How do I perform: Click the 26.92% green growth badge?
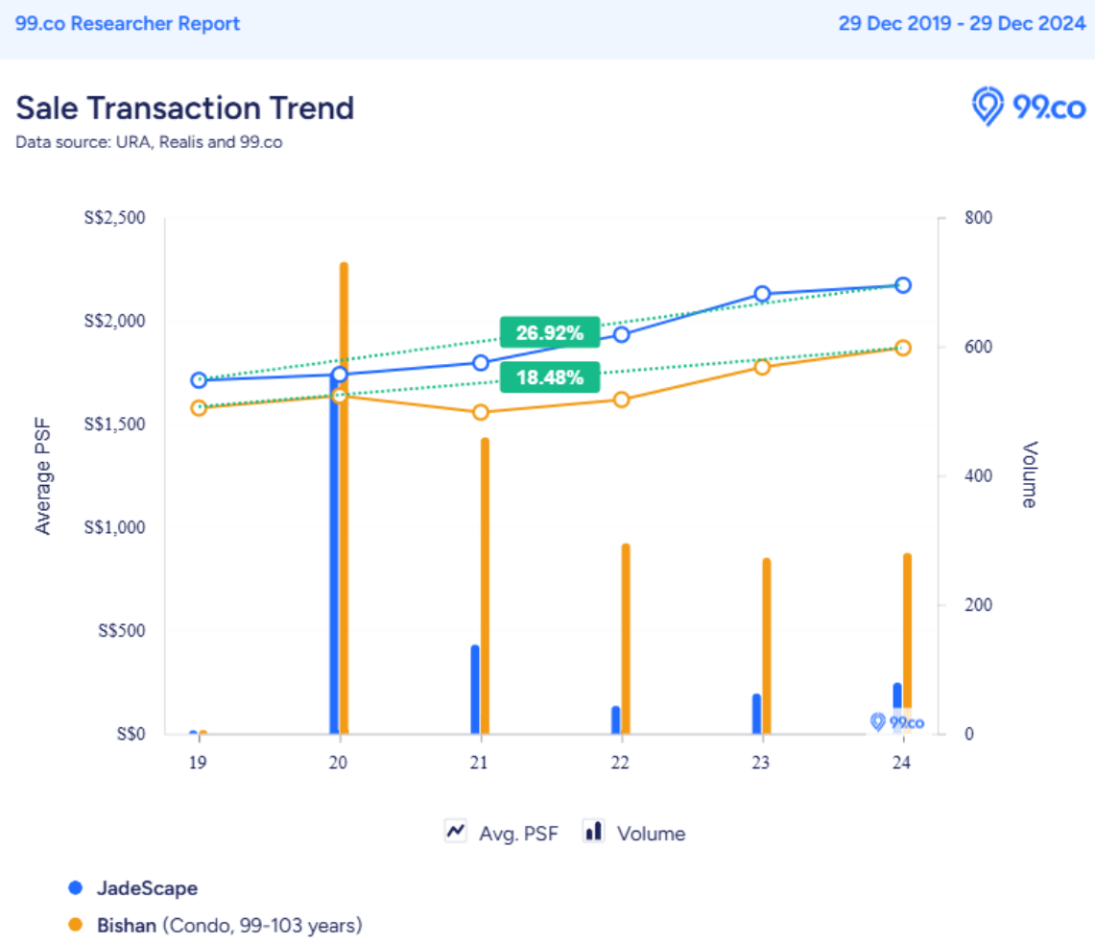point(550,332)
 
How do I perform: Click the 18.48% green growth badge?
point(550,376)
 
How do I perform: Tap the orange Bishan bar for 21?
point(485,586)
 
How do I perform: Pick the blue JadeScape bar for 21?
point(475,689)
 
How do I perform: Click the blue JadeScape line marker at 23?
point(762,294)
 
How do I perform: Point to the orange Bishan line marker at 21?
point(481,412)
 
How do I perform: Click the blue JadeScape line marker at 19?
point(199,380)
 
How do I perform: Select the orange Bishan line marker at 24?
point(903,348)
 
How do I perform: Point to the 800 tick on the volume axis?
point(979,218)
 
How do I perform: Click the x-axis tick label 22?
point(621,764)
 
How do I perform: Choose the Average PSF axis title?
point(43,475)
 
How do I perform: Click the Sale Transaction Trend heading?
point(185,108)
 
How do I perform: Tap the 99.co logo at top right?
point(1028,106)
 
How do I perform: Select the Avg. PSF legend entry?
point(501,833)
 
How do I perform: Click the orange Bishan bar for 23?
point(767,645)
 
